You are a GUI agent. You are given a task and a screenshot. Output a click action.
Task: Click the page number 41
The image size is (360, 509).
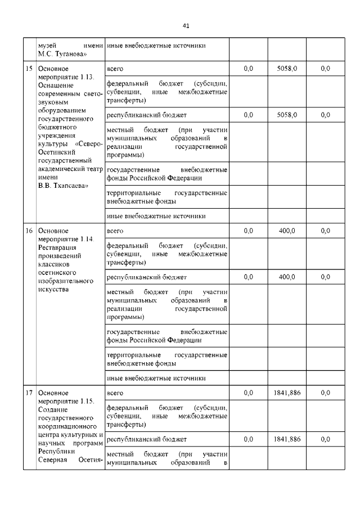186,25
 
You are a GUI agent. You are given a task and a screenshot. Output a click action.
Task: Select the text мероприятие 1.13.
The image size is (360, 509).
65,76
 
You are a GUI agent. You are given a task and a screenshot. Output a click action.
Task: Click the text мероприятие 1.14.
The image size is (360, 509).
65,239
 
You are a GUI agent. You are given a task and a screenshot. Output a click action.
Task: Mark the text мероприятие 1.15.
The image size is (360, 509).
65,402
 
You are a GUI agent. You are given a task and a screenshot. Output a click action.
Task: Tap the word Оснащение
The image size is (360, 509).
55,85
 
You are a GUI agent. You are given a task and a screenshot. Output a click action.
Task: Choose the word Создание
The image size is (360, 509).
52,410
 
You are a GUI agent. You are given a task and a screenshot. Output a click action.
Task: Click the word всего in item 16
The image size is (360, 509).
115,231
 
